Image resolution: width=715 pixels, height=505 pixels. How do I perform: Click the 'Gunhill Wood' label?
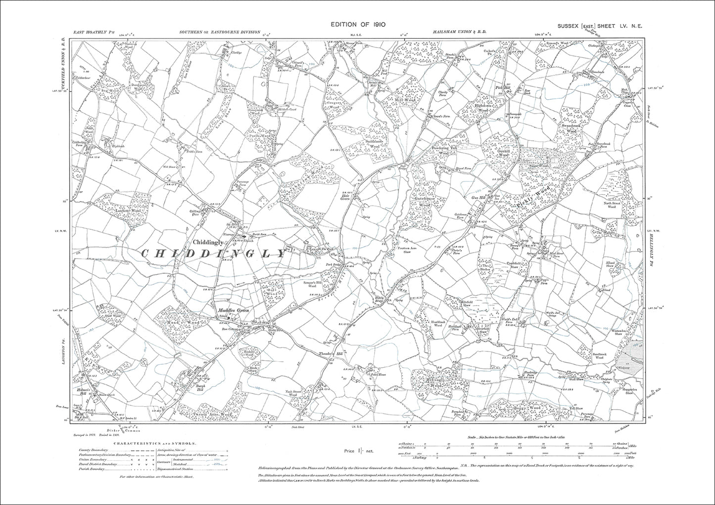pyautogui.click(x=503, y=153)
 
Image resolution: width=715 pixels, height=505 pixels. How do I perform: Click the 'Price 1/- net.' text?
pyautogui.click(x=357, y=451)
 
